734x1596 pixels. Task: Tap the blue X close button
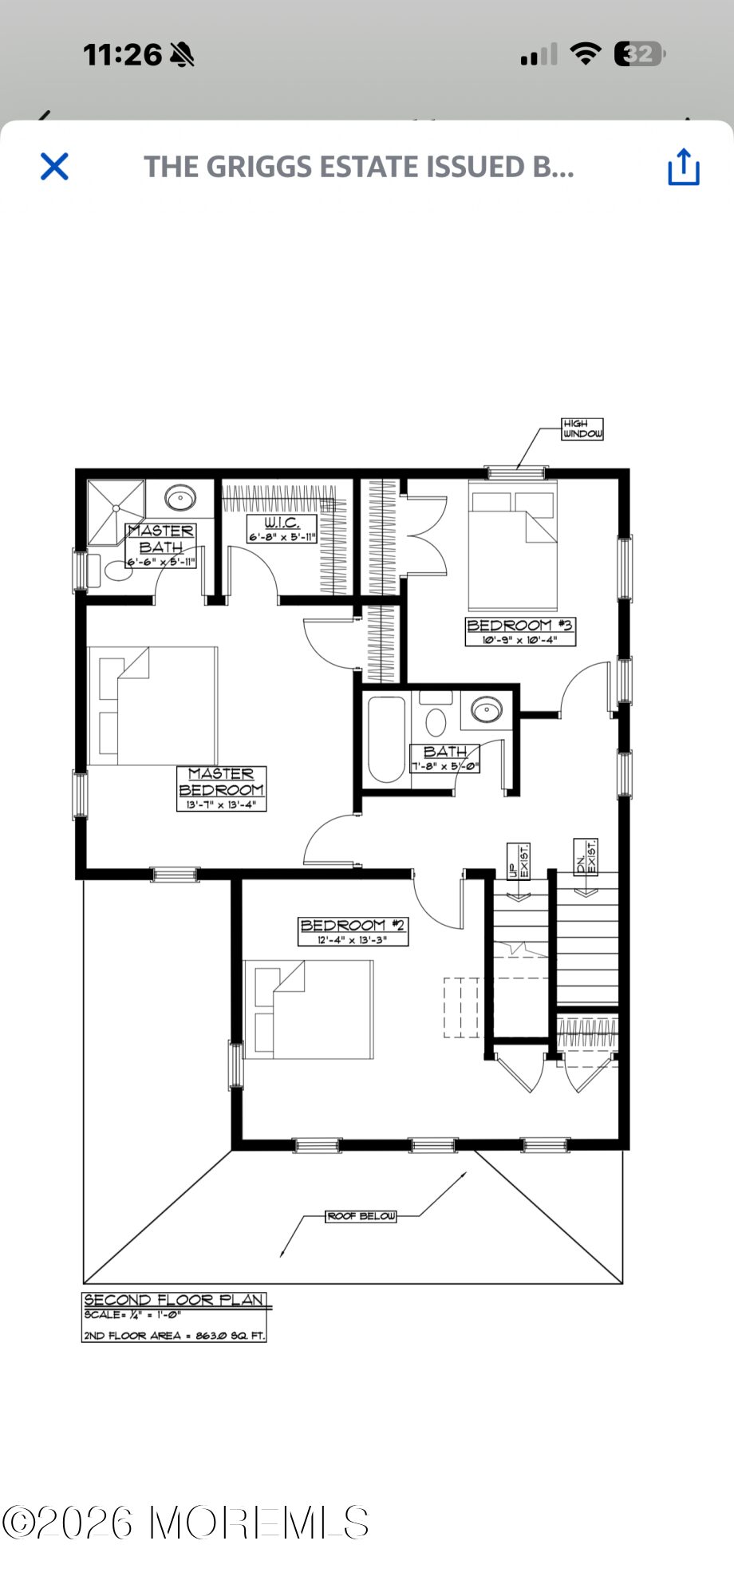coord(54,167)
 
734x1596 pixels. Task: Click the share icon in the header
coord(684,167)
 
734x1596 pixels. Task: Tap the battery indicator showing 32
coord(640,54)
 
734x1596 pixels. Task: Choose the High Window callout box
coord(582,429)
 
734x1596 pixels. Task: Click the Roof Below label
coord(361,1216)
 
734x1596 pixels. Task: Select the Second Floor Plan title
coord(175,1300)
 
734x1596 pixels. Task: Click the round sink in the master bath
coord(180,499)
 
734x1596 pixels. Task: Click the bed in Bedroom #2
coord(309,1009)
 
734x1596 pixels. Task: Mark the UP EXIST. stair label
coord(519,862)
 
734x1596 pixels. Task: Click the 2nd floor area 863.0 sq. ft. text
coord(175,1335)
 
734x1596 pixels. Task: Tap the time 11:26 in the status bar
coord(123,54)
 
